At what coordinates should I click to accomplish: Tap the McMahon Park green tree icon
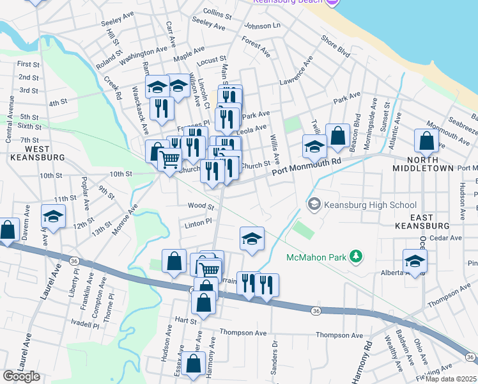[x=355, y=257]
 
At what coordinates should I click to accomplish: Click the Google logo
[x=21, y=376]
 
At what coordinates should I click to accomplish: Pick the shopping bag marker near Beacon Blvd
[x=337, y=136]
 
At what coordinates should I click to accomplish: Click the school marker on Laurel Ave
[x=53, y=217]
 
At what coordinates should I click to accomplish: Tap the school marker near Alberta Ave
[x=415, y=260]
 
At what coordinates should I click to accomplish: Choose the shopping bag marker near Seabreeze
[x=426, y=141]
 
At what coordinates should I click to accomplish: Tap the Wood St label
[x=200, y=206]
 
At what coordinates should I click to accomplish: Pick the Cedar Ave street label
[x=446, y=238]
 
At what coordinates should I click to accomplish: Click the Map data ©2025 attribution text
[x=451, y=378]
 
